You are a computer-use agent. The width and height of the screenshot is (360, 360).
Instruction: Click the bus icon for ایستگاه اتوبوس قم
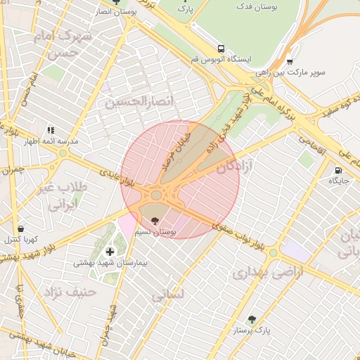[221, 49]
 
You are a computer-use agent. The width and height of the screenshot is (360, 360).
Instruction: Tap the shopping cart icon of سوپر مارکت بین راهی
[289, 61]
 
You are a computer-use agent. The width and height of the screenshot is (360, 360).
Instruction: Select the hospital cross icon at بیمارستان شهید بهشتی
[109, 252]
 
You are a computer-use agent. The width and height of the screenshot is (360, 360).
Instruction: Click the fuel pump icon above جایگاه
[338, 169]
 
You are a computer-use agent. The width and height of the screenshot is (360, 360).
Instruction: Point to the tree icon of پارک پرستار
[252, 319]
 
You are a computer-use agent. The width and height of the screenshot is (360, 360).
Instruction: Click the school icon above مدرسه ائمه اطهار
[50, 130]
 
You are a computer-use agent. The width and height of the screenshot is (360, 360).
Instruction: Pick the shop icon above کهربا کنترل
[20, 229]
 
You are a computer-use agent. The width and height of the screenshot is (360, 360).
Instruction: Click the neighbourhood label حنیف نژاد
[68, 291]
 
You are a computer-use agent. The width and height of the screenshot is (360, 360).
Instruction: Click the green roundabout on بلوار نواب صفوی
[273, 252]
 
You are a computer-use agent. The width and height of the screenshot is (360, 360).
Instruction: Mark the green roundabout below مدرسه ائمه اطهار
[63, 153]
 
